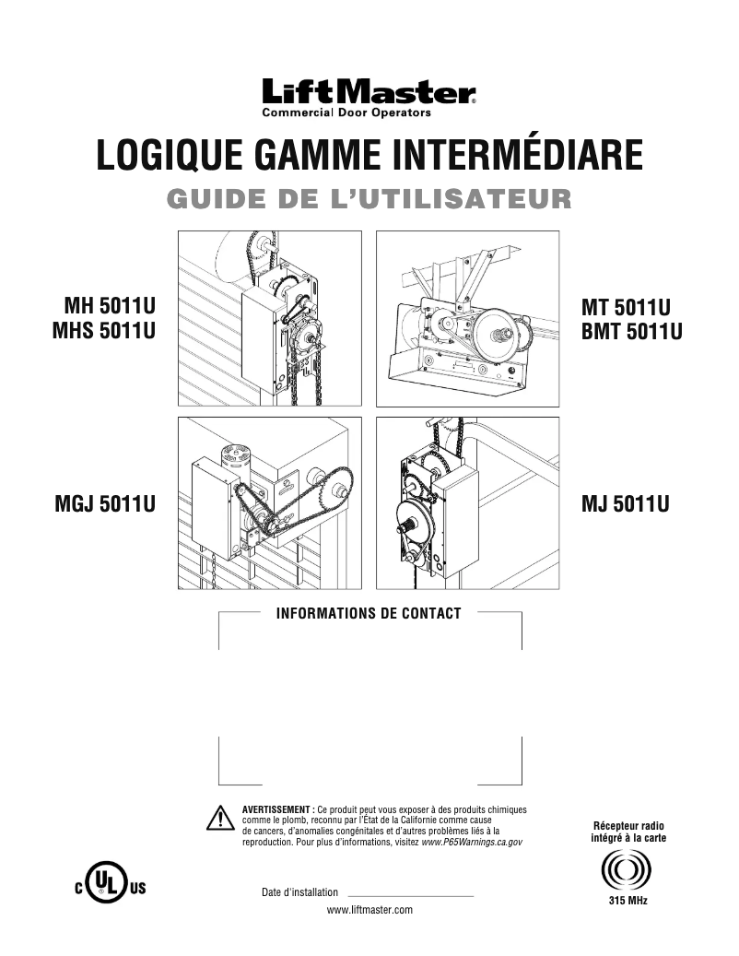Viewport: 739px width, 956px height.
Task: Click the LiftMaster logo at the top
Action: [x=369, y=92]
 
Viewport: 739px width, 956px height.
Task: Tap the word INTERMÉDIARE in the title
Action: [x=516, y=155]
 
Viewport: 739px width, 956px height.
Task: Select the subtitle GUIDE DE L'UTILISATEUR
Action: [x=369, y=198]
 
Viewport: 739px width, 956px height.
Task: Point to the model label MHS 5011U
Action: [x=102, y=331]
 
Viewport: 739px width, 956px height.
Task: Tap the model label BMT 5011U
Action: [x=632, y=331]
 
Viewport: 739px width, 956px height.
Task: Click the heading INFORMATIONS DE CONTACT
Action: [x=369, y=614]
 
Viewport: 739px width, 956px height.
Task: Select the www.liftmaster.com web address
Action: [x=369, y=910]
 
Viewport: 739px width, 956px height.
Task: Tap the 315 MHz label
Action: [x=628, y=900]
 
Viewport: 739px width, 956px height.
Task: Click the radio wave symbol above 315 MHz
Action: [x=628, y=869]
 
